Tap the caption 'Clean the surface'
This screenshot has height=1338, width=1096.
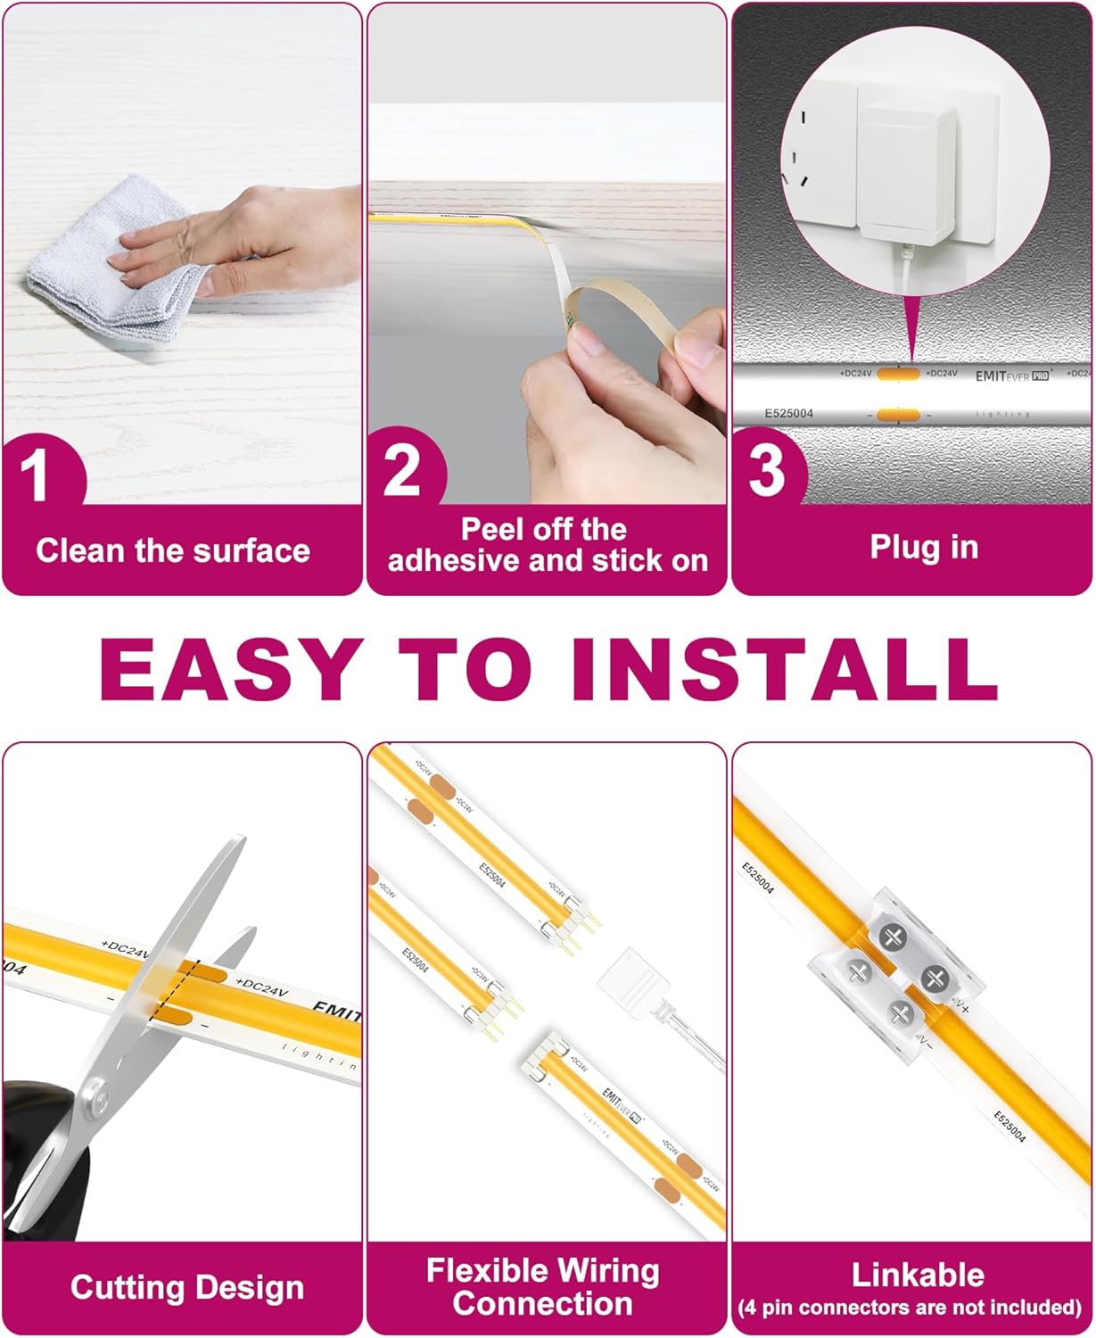[x=173, y=550]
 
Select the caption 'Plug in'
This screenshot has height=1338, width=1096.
[x=924, y=548]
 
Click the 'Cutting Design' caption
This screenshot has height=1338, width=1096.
[x=187, y=1287]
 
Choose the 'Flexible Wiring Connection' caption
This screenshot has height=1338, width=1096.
[x=542, y=1287]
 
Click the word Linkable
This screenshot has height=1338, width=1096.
[x=918, y=1275]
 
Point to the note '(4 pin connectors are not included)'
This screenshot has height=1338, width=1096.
[x=910, y=1308]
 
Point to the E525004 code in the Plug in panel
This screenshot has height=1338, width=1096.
[x=788, y=414]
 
